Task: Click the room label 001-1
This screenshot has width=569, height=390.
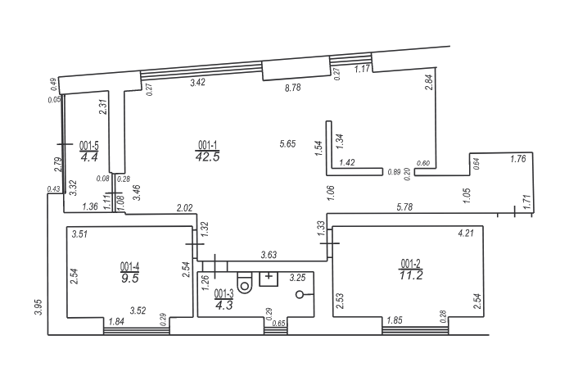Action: pyautogui.click(x=208, y=145)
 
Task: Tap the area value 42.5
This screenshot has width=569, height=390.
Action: pyautogui.click(x=208, y=156)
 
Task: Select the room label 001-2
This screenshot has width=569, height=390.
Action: pyautogui.click(x=410, y=263)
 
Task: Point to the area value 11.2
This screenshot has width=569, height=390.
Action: pyautogui.click(x=411, y=275)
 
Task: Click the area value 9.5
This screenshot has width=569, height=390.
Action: pyautogui.click(x=130, y=279)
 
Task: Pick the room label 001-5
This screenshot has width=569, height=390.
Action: pyautogui.click(x=89, y=146)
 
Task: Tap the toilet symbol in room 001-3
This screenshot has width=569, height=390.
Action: pyautogui.click(x=245, y=283)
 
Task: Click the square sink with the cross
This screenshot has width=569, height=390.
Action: pyautogui.click(x=269, y=279)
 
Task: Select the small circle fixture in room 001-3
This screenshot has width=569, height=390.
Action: pyautogui.click(x=300, y=294)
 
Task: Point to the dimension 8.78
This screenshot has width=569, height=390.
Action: pyautogui.click(x=293, y=88)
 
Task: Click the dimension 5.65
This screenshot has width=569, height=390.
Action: pyautogui.click(x=287, y=144)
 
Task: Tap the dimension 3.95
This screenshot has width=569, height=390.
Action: pyautogui.click(x=38, y=307)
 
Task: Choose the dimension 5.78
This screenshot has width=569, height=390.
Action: pyautogui.click(x=404, y=207)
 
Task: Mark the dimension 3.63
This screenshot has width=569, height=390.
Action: pyautogui.click(x=269, y=255)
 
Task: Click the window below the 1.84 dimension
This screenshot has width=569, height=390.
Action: pyautogui.click(x=137, y=331)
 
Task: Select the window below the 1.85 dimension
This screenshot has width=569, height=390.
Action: pyautogui.click(x=415, y=330)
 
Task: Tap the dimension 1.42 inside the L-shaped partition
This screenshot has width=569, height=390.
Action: pyautogui.click(x=347, y=162)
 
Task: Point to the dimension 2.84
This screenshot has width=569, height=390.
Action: pyautogui.click(x=429, y=82)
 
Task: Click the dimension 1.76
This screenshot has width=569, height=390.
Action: pyautogui.click(x=518, y=159)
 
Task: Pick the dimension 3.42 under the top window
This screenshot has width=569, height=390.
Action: pyautogui.click(x=198, y=83)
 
